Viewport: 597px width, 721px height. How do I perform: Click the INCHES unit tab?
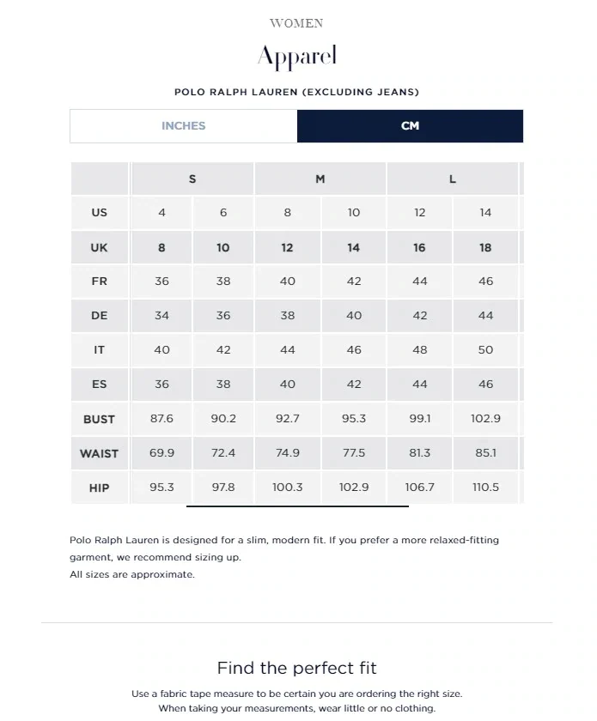click(183, 126)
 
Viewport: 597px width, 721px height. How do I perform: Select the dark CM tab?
click(410, 126)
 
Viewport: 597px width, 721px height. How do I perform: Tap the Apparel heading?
click(297, 58)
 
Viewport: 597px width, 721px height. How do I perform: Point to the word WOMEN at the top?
click(296, 23)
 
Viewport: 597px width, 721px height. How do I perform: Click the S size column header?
click(192, 179)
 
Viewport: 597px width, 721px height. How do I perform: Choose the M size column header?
click(320, 179)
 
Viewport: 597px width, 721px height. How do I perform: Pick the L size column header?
click(453, 179)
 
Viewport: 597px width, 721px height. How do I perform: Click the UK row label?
click(99, 247)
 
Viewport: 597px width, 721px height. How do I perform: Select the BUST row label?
click(99, 419)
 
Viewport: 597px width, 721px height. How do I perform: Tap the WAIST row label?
click(99, 453)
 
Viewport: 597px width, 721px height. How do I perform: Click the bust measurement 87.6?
click(161, 419)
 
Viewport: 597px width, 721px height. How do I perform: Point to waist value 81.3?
click(419, 453)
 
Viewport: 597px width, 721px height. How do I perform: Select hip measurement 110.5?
click(485, 488)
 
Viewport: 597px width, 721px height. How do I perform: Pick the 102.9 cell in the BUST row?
click(485, 419)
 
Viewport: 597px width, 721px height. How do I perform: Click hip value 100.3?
click(288, 488)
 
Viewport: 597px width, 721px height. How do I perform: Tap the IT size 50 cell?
click(485, 350)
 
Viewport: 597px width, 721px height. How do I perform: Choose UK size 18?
click(485, 247)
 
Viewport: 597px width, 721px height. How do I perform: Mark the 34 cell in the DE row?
click(161, 316)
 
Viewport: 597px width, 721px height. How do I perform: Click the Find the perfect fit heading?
click(296, 668)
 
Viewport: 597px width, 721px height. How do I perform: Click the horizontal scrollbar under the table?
click(297, 506)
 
